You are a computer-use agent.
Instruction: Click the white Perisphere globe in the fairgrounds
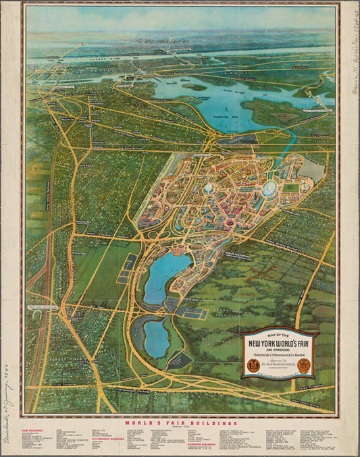point(207,190)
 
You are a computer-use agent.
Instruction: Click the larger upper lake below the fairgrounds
point(159,277)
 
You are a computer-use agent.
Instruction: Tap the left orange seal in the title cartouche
point(252,367)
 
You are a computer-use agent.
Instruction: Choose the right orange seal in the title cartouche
point(304,366)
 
